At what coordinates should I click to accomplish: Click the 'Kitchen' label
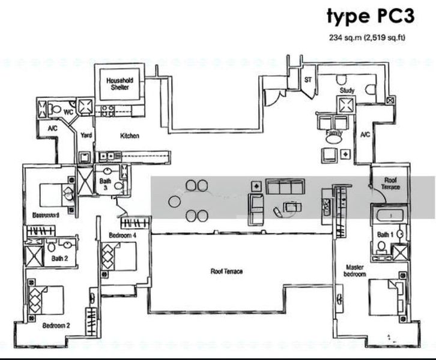point(129,136)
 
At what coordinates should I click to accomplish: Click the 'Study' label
point(347,91)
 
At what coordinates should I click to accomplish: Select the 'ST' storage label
point(308,79)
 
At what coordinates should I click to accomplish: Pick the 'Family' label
point(333,133)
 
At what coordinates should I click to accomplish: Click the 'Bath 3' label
point(105,184)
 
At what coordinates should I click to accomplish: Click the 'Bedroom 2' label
point(56,326)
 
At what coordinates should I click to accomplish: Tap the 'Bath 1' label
point(384,235)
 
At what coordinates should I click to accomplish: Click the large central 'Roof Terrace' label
point(226,271)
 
